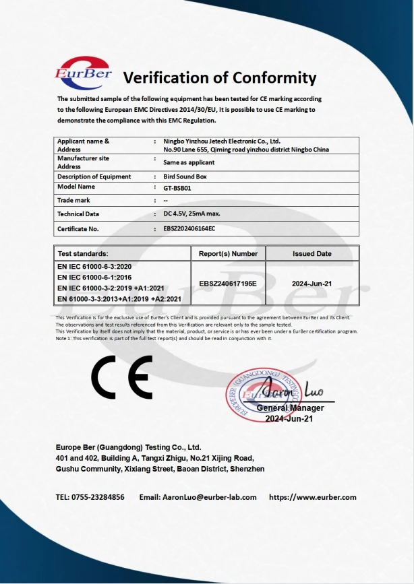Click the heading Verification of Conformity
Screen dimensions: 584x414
219,77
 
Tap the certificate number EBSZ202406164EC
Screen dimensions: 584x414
189,229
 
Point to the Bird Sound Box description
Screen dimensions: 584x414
186,176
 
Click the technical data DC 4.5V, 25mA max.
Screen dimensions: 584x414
192,214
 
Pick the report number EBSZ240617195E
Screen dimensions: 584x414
228,284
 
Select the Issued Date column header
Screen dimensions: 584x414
312,254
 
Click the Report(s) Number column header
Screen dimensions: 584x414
228,254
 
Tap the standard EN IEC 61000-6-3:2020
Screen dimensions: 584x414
94,267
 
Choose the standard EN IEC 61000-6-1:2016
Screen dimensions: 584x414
94,278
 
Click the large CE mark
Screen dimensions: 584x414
122,378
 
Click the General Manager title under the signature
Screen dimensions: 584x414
290,408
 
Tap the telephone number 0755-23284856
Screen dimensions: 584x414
100,497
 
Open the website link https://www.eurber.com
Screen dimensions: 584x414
312,497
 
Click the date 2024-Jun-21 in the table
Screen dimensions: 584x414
312,284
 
